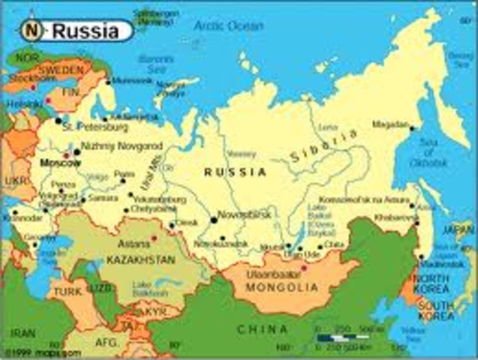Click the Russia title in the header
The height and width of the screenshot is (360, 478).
coord(85,31)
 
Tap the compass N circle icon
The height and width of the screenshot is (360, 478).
coord(30,31)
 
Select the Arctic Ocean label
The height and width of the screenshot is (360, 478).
coord(229,25)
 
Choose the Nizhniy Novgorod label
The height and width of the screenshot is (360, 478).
coord(110,145)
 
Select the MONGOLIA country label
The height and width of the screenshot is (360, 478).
coord(285,286)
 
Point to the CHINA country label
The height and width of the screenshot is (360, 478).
coord(262,329)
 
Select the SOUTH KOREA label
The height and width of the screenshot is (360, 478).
coord(436,310)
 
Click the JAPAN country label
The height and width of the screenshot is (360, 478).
coord(459,229)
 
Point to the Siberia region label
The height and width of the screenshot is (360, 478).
coord(324,147)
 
